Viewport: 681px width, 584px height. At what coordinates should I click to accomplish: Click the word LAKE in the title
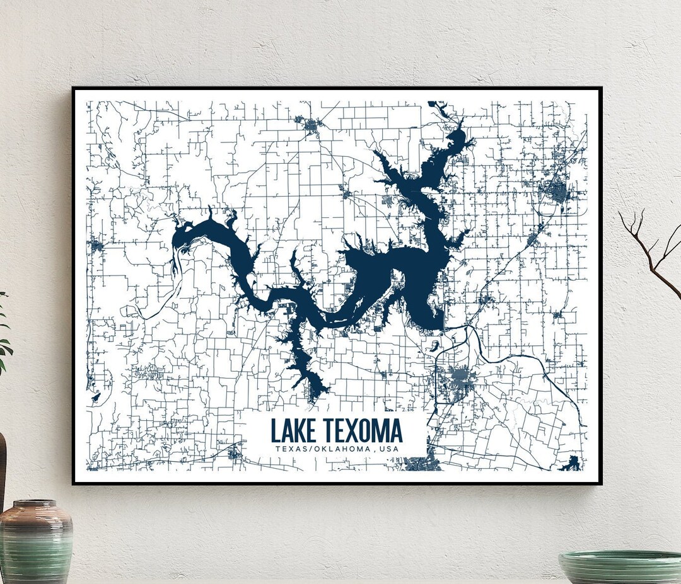[x=293, y=431]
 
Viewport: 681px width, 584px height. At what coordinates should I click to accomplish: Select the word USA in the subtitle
[x=389, y=449]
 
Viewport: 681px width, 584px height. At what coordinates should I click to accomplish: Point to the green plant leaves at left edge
[x=4, y=334]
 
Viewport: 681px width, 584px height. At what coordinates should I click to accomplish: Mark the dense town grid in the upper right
[x=557, y=191]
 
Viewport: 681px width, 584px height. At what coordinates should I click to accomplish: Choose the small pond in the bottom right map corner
[x=572, y=464]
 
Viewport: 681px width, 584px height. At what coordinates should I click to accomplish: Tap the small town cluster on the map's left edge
[x=96, y=244]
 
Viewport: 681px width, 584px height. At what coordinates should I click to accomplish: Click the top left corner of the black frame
[x=73, y=88]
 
